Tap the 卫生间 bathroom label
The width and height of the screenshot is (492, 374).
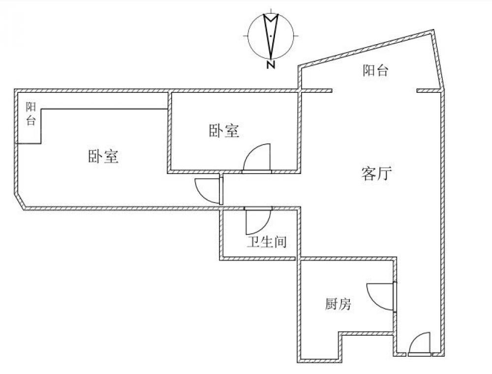click(x=266, y=242)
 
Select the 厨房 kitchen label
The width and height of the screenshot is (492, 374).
click(x=338, y=305)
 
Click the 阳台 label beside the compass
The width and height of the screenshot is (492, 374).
click(x=376, y=71)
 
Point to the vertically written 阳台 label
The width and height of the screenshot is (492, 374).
click(x=31, y=114)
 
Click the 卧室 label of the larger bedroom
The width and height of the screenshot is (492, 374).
click(x=103, y=157)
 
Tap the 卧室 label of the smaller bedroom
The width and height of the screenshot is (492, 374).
click(x=224, y=131)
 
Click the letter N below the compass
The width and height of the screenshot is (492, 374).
click(x=271, y=64)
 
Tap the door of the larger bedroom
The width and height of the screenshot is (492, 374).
click(x=209, y=191)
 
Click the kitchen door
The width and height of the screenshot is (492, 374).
click(x=382, y=297)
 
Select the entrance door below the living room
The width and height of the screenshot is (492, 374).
click(x=420, y=345)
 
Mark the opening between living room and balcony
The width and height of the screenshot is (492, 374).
click(x=374, y=91)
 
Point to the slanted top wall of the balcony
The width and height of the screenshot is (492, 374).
click(x=366, y=49)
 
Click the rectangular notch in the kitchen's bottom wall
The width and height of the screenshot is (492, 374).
click(x=367, y=334)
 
